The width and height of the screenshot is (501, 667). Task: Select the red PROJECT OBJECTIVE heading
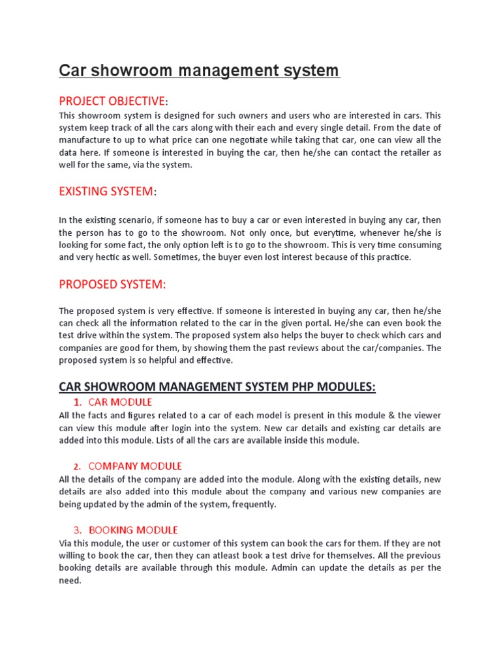112,101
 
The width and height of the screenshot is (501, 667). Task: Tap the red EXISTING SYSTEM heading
106,192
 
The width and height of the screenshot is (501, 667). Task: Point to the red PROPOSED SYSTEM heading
112,285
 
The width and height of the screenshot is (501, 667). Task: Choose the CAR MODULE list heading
120,402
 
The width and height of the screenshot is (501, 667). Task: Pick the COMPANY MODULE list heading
135,466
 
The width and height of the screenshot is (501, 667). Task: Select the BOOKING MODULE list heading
133,530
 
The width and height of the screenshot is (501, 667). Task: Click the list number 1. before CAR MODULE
78,402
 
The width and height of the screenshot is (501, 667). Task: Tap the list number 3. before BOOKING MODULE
78,530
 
